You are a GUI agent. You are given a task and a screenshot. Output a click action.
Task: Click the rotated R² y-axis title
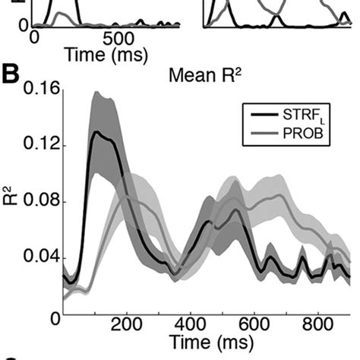pyautogui.click(x=10, y=201)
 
